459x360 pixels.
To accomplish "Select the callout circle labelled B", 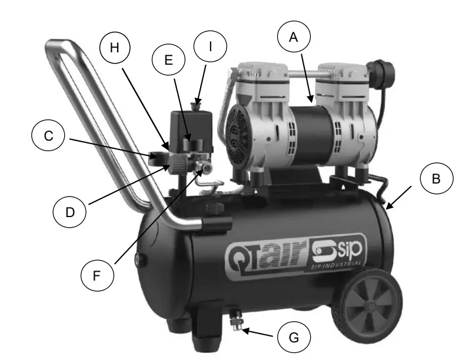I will (x=436, y=178).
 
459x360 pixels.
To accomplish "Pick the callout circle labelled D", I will (x=70, y=211).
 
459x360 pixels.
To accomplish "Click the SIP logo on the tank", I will (x=341, y=252).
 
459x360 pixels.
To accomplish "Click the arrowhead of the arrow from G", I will (x=242, y=330).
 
